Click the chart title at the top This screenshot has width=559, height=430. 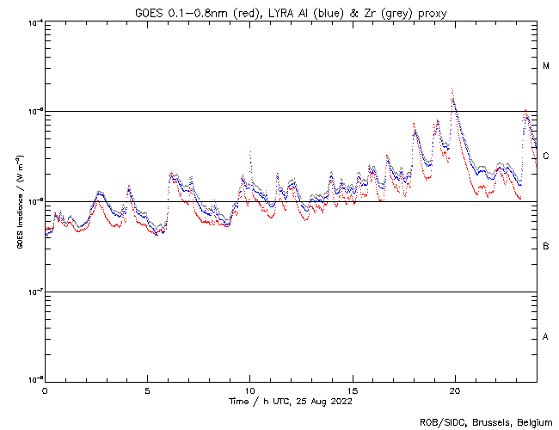coord(291,13)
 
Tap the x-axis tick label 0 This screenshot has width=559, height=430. coord(45,390)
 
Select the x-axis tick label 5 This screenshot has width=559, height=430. coord(147,390)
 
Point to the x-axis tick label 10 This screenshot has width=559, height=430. coord(249,390)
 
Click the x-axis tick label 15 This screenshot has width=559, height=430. coord(352,390)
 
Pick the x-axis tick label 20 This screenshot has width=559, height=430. coord(454,390)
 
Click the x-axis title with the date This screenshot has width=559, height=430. coord(290,401)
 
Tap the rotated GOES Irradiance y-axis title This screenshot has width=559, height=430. coord(16,203)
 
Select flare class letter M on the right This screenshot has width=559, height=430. coord(546,66)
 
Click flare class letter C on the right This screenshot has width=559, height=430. coord(546,156)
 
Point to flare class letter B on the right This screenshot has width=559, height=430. coord(546,247)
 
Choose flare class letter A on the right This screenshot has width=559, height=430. coord(546,336)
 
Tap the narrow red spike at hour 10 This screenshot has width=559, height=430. coord(250,152)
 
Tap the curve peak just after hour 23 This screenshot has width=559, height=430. coord(525,111)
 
